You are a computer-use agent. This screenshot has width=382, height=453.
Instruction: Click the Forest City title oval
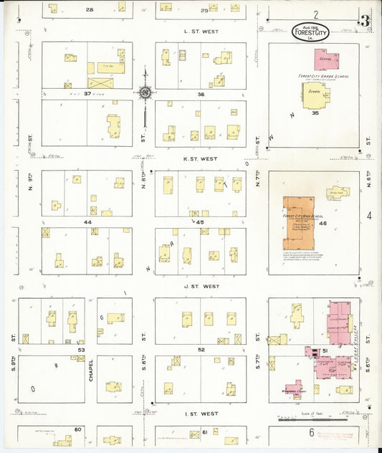point(312,32)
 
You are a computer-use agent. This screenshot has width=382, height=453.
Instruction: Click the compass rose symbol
point(145,92)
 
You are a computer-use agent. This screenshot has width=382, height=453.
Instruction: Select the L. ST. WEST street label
point(201,32)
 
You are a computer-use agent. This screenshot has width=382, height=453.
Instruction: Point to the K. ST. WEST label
point(201,159)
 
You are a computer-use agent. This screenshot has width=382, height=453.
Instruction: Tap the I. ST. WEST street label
point(201,414)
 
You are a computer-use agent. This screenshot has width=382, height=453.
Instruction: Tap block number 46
point(323,224)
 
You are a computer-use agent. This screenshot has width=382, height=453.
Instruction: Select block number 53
point(82,350)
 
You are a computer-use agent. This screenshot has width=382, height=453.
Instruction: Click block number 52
point(201,349)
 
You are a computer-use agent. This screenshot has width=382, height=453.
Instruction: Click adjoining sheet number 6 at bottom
point(312,432)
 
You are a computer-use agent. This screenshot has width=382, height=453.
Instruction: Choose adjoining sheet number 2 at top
point(315,14)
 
